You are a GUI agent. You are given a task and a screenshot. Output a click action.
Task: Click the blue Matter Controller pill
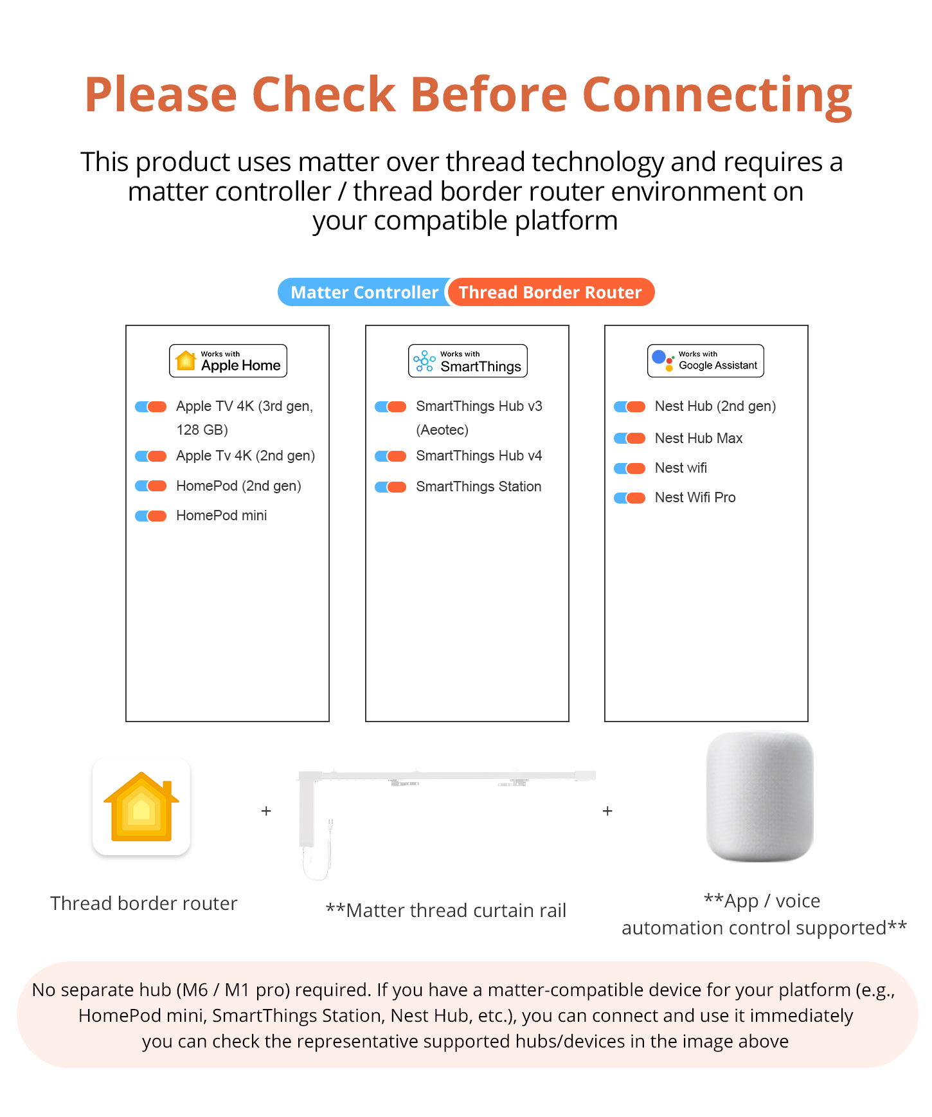click(363, 293)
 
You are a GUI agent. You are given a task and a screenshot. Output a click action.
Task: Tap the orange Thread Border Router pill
click(550, 293)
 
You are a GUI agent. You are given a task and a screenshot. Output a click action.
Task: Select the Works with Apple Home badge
click(228, 361)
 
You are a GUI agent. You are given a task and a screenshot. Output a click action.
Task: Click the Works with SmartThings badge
click(467, 361)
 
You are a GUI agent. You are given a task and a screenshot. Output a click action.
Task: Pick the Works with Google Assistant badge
click(705, 361)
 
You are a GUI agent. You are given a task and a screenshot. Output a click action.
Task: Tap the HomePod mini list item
click(221, 516)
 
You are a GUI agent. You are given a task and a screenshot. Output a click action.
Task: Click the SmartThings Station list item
click(478, 487)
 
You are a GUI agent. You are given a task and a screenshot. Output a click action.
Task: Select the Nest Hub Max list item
click(698, 439)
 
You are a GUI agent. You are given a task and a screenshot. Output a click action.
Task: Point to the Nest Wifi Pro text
click(695, 498)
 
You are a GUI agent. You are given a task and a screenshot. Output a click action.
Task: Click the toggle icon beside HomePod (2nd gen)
click(151, 486)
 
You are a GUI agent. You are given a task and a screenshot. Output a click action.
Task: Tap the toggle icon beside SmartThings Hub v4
click(391, 457)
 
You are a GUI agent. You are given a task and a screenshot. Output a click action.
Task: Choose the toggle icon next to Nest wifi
click(630, 468)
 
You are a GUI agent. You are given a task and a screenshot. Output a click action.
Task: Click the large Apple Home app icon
click(141, 806)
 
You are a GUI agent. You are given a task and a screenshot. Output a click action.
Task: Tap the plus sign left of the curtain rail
click(266, 811)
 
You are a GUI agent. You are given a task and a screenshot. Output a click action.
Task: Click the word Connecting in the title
click(717, 95)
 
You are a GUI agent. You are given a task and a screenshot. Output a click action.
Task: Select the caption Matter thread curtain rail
click(446, 911)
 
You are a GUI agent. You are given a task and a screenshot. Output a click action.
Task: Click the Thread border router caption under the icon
click(144, 904)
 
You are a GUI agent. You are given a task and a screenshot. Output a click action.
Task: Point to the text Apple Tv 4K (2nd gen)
click(246, 456)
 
